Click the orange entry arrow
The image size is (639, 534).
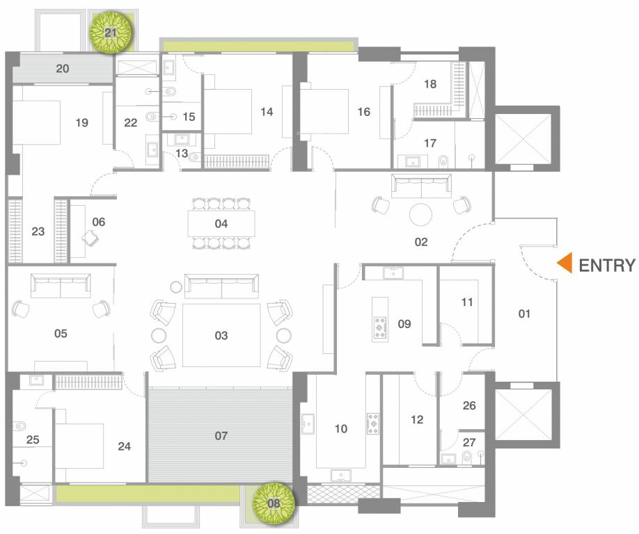(565, 264)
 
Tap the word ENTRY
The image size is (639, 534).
(607, 265)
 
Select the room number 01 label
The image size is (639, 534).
(524, 314)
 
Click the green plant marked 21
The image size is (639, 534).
(111, 33)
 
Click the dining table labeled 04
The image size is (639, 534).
(221, 223)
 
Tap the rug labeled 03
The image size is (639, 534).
(221, 335)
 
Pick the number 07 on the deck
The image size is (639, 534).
(221, 436)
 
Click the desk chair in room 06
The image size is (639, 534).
(90, 237)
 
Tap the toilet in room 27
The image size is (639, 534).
(467, 457)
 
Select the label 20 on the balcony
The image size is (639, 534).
(63, 68)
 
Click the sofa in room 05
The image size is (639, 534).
(61, 284)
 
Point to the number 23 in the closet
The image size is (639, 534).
(38, 232)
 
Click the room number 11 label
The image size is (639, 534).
(467, 302)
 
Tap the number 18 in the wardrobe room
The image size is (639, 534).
(430, 84)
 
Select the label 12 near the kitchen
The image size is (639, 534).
(417, 419)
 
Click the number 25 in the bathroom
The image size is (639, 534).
(33, 439)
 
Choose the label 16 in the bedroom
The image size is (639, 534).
(363, 111)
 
